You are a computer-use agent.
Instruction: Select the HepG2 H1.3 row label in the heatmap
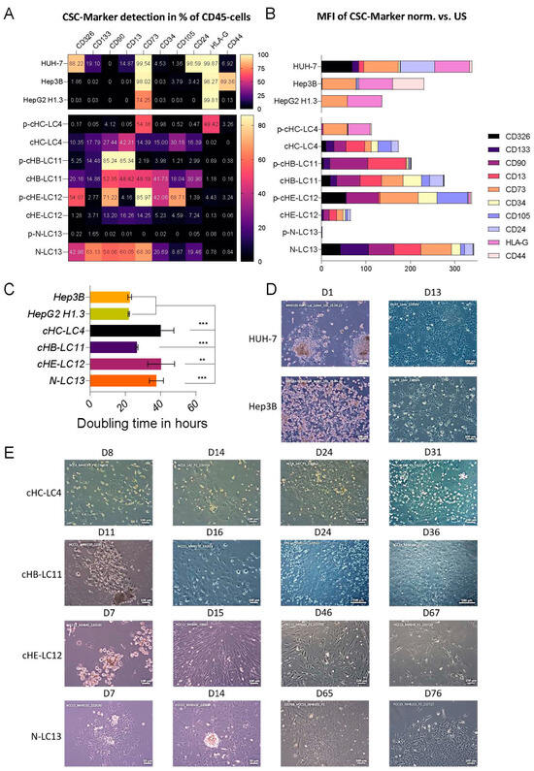pos(33,100)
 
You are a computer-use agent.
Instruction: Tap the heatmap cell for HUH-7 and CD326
pos(75,63)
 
